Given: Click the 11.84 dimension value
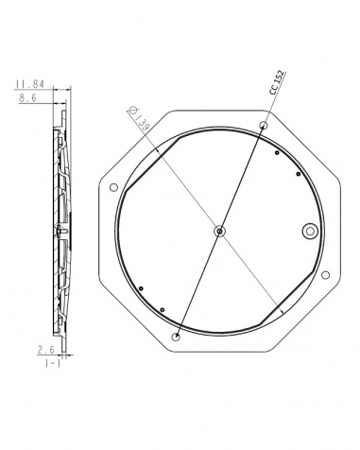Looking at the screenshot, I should click(26, 83).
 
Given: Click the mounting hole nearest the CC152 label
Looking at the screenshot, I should click(264, 125).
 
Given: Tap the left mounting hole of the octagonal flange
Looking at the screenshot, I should click(114, 185).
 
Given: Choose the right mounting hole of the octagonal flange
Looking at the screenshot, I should click(326, 275).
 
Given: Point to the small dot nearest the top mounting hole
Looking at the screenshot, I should click(275, 152).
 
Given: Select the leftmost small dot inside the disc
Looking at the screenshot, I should click(140, 288).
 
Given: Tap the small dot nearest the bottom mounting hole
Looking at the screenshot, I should click(163, 309).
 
